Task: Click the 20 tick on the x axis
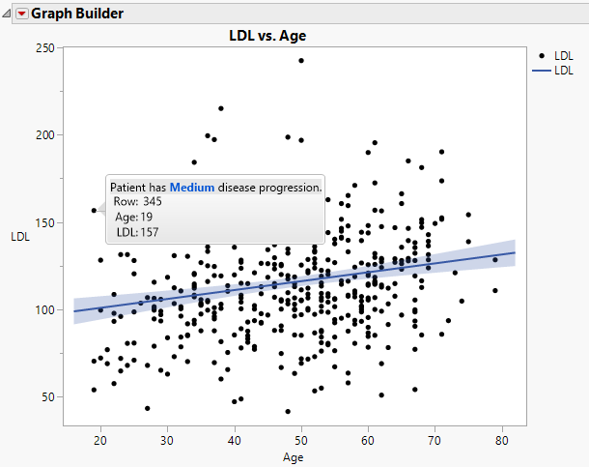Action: pyautogui.click(x=100, y=440)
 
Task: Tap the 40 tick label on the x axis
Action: pyautogui.click(x=234, y=440)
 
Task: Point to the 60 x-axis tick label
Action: pyautogui.click(x=368, y=440)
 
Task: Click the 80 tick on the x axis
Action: pyautogui.click(x=501, y=440)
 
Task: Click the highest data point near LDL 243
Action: pyautogui.click(x=301, y=60)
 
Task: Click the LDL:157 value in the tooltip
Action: pyautogui.click(x=137, y=232)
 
